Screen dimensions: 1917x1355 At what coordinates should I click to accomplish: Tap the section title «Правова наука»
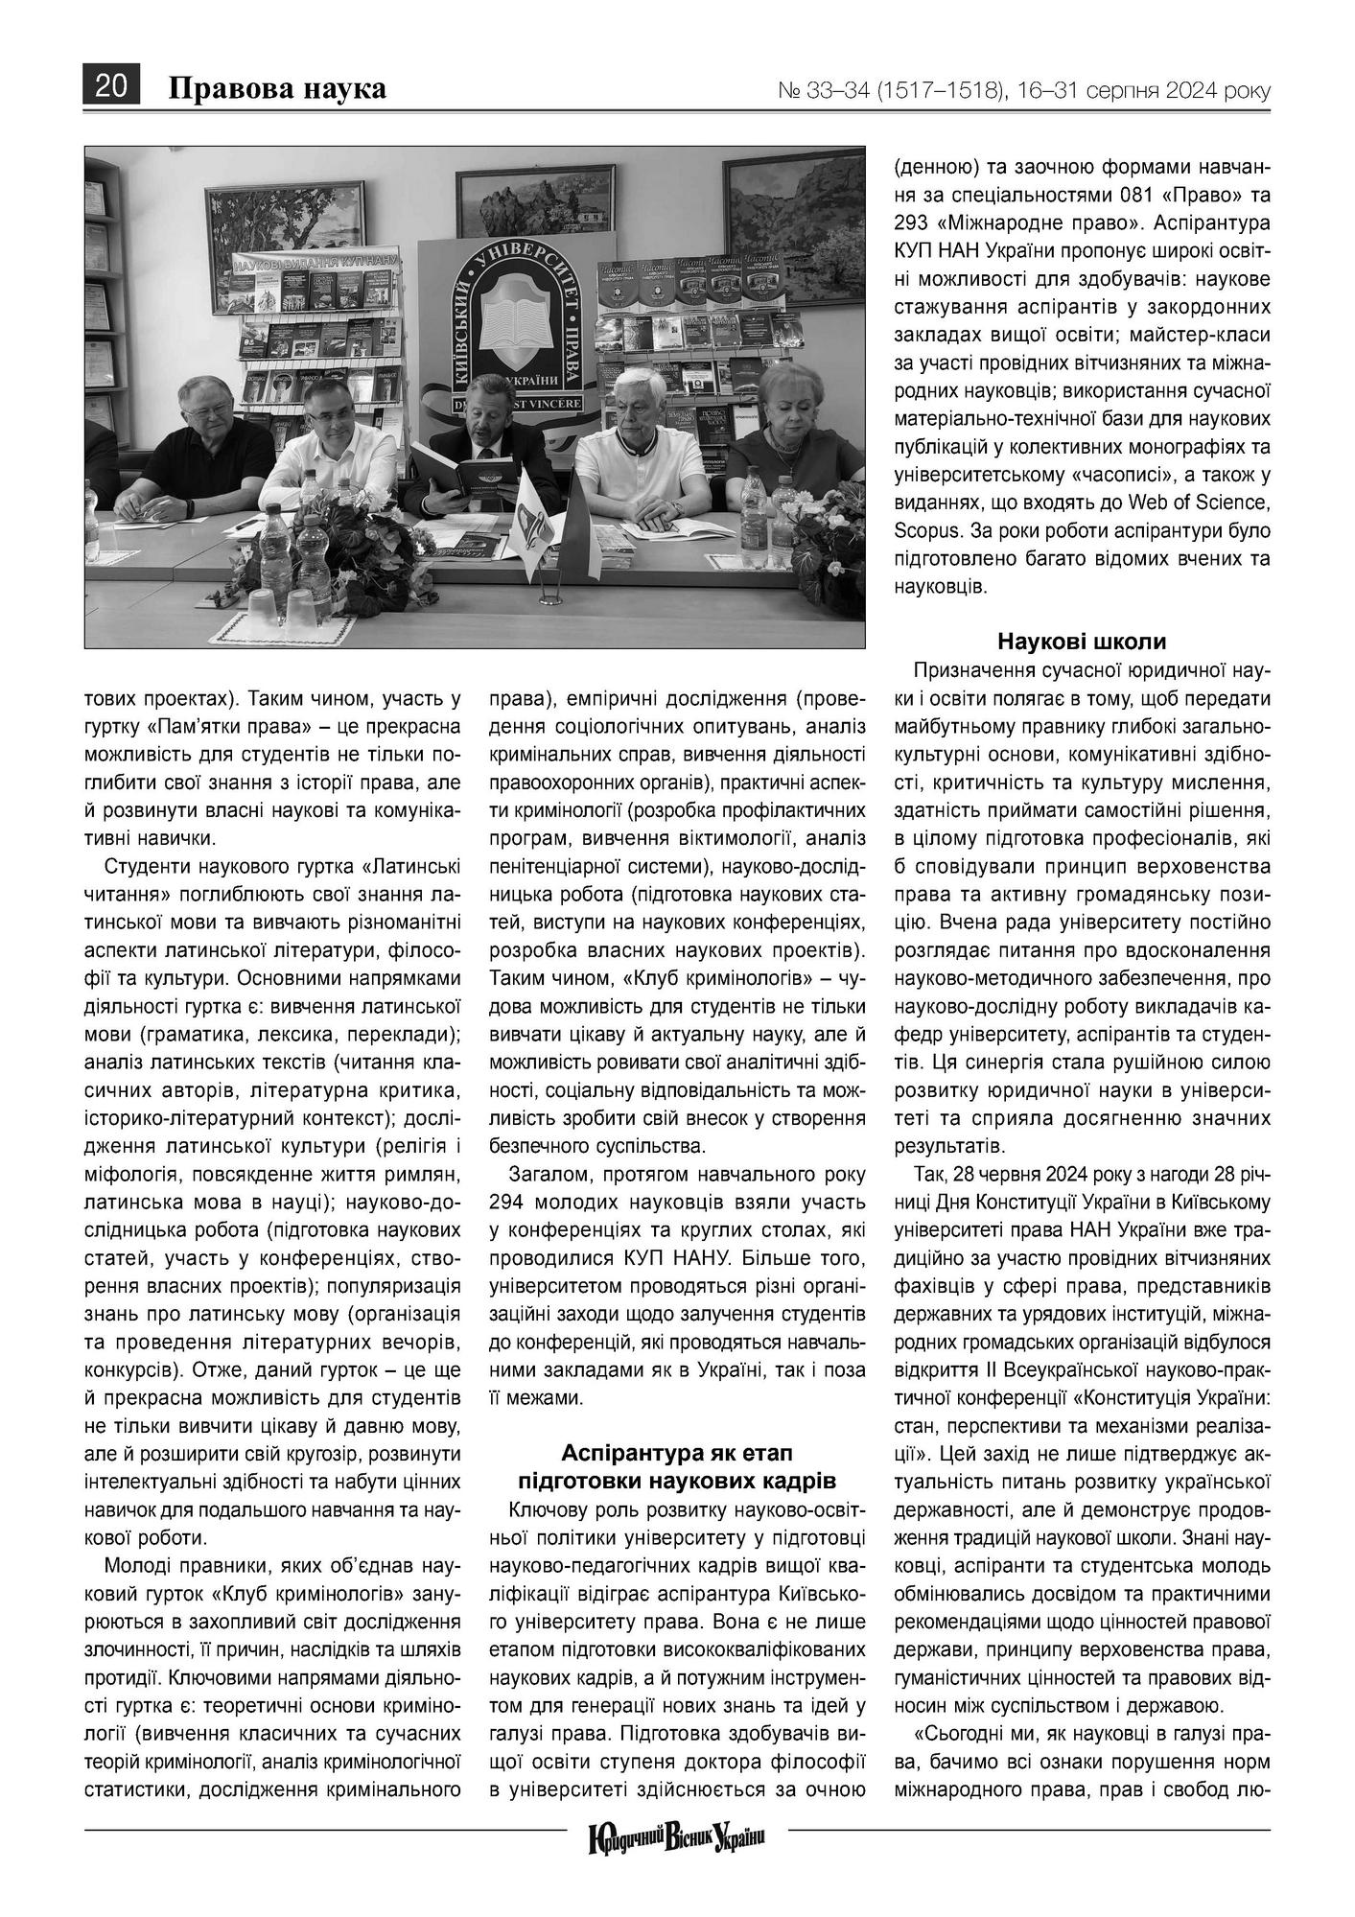[x=277, y=88]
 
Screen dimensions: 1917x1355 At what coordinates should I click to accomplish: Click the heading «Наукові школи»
[x=1081, y=642]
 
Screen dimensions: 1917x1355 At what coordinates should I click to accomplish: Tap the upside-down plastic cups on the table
[x=281, y=607]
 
